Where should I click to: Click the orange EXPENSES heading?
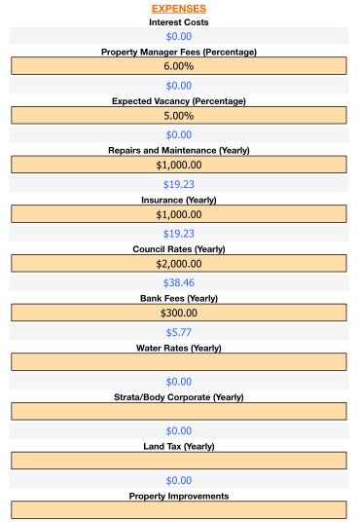(x=179, y=8)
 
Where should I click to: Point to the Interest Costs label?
(x=179, y=21)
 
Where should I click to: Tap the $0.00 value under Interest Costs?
(x=179, y=36)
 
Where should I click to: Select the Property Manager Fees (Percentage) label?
(x=179, y=52)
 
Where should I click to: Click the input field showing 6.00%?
(x=179, y=66)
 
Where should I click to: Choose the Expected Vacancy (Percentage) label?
(x=179, y=101)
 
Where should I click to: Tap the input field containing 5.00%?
(x=179, y=116)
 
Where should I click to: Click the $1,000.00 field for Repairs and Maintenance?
(x=179, y=165)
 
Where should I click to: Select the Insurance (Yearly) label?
(x=179, y=200)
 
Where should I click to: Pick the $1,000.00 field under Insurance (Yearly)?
(x=179, y=214)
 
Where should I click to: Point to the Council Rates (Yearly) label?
(x=179, y=249)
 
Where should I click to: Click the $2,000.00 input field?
(x=179, y=263)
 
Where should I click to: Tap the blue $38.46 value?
(x=179, y=282)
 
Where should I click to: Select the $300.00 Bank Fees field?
(x=179, y=313)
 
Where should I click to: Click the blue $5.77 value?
(x=179, y=332)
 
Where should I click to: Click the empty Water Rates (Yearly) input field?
(x=179, y=362)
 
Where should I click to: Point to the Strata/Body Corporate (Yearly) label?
(x=179, y=397)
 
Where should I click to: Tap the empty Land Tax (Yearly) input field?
(x=179, y=461)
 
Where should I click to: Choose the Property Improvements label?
(x=179, y=496)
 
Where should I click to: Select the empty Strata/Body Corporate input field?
(x=179, y=411)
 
